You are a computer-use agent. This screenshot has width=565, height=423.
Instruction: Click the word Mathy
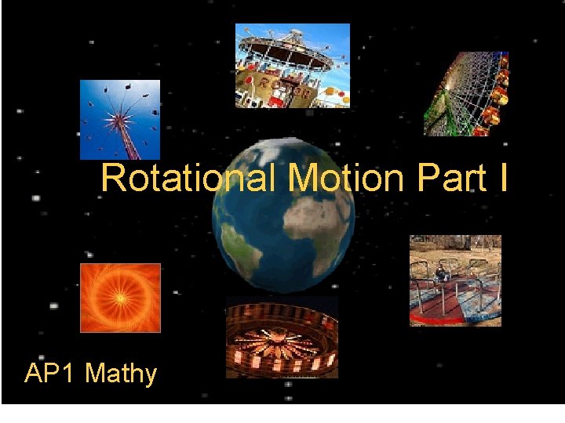(x=121, y=374)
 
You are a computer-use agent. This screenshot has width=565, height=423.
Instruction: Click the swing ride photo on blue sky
(x=120, y=120)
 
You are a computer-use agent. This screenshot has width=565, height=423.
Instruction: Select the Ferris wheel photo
(x=466, y=94)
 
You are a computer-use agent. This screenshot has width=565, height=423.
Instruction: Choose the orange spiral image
(x=120, y=298)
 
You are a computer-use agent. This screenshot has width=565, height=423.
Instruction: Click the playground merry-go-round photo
(x=455, y=280)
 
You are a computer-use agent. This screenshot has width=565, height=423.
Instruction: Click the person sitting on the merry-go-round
(x=442, y=273)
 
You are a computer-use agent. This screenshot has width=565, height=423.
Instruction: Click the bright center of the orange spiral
(x=118, y=297)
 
